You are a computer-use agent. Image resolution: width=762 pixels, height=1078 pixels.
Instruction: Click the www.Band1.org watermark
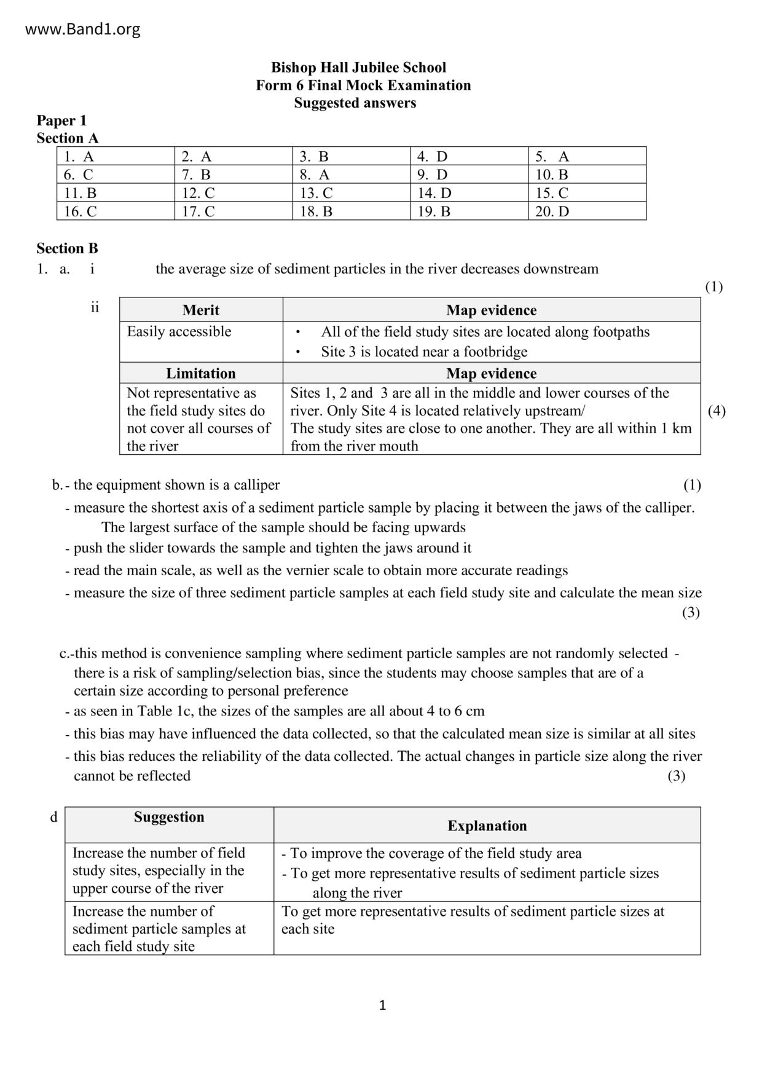click(x=83, y=29)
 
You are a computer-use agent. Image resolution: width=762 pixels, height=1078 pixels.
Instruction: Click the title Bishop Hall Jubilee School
click(x=358, y=68)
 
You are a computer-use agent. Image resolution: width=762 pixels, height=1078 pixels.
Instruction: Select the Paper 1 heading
click(x=61, y=120)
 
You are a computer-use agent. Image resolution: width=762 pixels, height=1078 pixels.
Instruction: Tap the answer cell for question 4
click(x=469, y=156)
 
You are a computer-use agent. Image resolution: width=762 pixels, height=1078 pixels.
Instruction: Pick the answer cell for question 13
click(x=351, y=193)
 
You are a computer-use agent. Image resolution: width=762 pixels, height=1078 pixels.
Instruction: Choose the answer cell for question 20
click(x=587, y=211)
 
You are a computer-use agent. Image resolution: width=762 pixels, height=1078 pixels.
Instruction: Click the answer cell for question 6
click(x=116, y=175)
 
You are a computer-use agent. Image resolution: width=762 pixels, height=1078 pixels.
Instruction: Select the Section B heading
click(x=67, y=248)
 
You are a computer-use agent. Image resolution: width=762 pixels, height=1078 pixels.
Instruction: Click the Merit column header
click(x=201, y=310)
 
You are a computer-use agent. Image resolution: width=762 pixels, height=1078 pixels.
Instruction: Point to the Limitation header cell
click(x=201, y=374)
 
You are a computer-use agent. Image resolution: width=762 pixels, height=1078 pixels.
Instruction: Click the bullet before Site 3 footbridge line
click(x=298, y=352)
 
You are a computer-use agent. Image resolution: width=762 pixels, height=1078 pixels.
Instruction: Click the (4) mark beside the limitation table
click(x=717, y=411)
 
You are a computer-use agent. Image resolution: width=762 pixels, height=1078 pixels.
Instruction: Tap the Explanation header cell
click(x=487, y=825)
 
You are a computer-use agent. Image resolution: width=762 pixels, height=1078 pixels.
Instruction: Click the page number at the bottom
click(x=382, y=1005)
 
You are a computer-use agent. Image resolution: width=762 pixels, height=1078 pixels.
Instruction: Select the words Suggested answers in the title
click(x=355, y=103)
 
